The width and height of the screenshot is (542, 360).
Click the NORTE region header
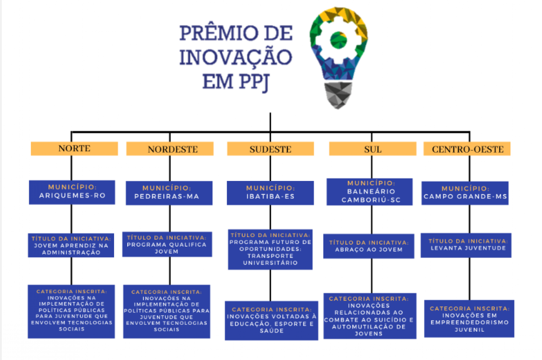pos(74,149)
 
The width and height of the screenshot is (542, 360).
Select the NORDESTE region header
pos(170,149)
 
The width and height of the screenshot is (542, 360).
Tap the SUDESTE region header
pos(270,149)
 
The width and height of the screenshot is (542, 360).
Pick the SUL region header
pos(373,149)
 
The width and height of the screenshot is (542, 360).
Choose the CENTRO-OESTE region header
pos(467,149)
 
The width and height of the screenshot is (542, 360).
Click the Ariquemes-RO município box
pos(72,192)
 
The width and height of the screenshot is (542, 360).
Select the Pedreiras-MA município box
pos(169,193)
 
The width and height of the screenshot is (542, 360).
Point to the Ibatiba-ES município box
pos(270,193)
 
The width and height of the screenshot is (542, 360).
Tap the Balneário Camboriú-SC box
pos(370,192)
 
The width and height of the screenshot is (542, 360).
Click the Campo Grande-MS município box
pos(465,193)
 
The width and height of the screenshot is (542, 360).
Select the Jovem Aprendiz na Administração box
pos(71,245)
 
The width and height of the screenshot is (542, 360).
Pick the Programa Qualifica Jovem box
pos(167,244)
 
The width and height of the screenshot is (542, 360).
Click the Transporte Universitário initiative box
pos(270,249)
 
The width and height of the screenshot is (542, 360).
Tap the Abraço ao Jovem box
pos(369,246)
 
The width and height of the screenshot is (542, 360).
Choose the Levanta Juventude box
pos(466,245)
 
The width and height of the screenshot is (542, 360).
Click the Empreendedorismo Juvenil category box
pos(469,319)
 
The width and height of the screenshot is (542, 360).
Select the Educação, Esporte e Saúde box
pos(271,320)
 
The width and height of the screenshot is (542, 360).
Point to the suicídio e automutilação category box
pos(370,316)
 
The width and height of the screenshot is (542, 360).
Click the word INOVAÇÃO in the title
pos(235,57)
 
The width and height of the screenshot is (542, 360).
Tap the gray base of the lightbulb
pos(338,95)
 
